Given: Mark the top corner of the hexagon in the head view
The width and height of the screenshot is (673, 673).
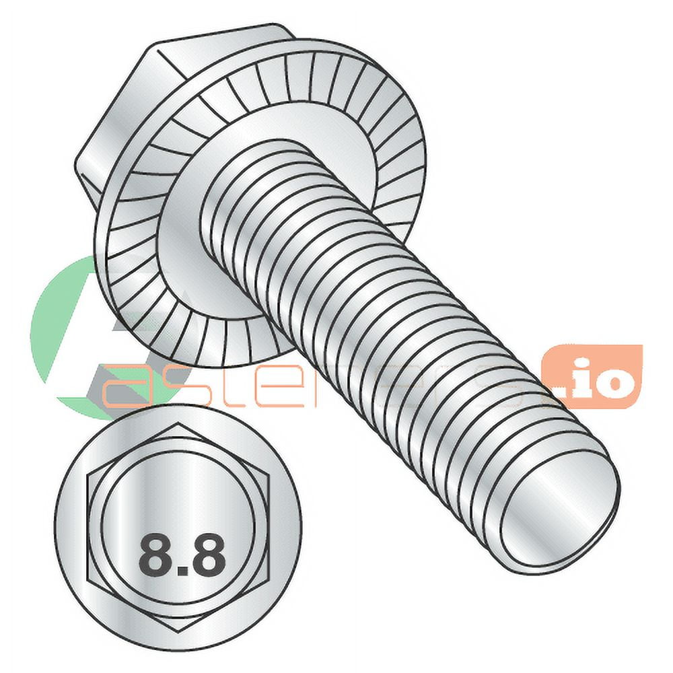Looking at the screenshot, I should pyautogui.click(x=179, y=423).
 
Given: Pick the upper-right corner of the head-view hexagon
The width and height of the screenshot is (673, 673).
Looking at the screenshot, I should pyautogui.click(x=269, y=474).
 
